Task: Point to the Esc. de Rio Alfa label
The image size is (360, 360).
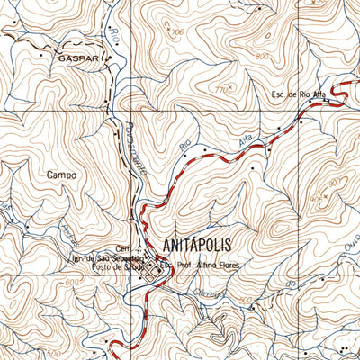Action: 295,94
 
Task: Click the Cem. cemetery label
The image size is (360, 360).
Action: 124,248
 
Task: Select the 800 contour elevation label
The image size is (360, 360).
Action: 261,57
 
